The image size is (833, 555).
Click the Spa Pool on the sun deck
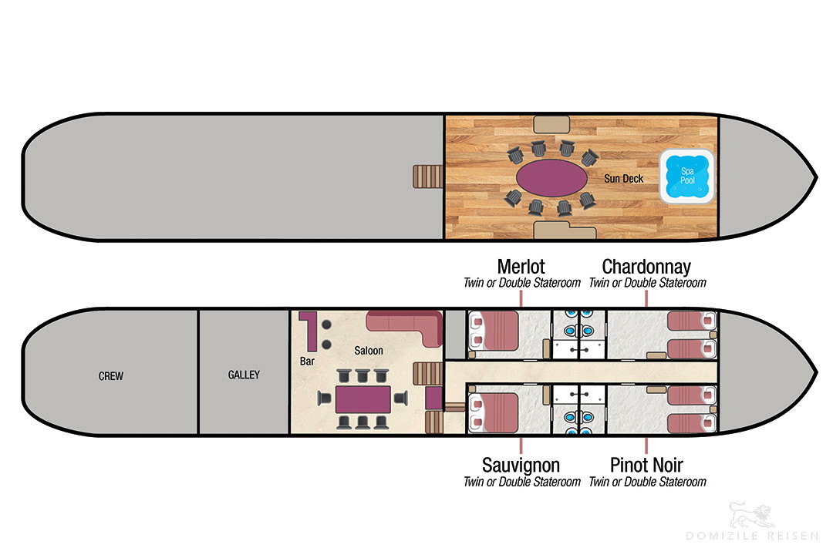(x=687, y=177)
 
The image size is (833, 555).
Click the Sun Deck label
(x=623, y=179)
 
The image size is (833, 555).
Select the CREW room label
(x=110, y=376)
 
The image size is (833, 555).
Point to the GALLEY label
(x=244, y=375)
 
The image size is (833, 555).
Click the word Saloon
(x=368, y=351)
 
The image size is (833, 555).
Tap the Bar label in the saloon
(x=307, y=362)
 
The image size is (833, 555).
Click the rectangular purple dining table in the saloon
(x=363, y=399)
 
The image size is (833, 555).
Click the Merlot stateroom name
(x=521, y=266)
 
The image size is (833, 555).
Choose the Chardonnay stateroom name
(x=646, y=266)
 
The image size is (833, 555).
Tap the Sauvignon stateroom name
(x=521, y=465)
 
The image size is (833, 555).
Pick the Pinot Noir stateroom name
(x=646, y=465)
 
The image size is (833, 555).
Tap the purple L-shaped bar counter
(x=308, y=330)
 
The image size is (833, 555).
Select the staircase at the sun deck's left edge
(x=427, y=177)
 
